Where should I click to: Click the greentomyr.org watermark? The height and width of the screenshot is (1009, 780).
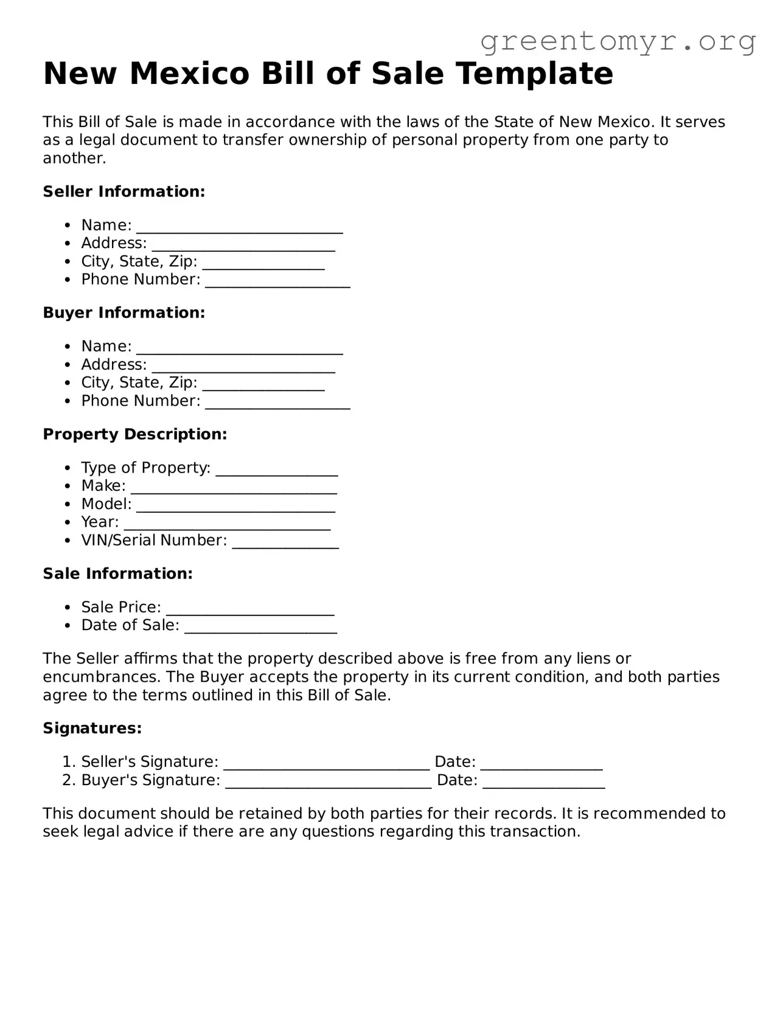[618, 41]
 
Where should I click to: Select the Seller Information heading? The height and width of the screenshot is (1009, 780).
[124, 192]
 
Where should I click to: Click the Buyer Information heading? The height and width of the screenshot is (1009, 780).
[124, 313]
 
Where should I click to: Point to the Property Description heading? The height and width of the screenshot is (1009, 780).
[134, 434]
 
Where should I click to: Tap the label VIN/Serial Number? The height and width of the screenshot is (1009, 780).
[154, 540]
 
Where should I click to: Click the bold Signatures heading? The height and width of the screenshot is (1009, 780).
[92, 728]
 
